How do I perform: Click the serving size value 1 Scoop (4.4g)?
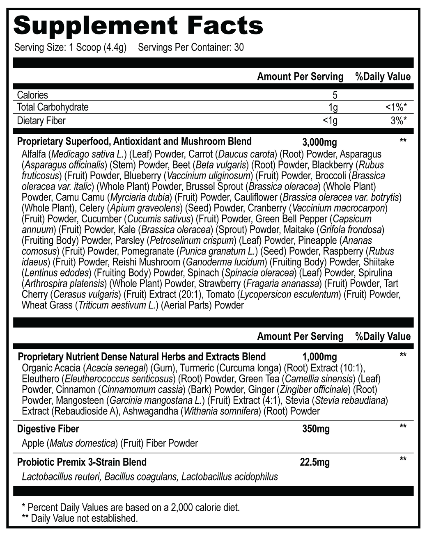click(x=96, y=48)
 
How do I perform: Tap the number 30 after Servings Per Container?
click(x=239, y=48)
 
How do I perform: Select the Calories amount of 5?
click(x=335, y=95)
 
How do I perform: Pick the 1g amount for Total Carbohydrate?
click(x=333, y=107)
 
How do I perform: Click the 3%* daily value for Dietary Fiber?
click(x=399, y=121)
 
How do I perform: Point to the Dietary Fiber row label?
click(x=41, y=121)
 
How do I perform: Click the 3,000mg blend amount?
click(x=319, y=142)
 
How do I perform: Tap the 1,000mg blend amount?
click(x=319, y=357)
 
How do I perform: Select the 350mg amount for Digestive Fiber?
click(x=316, y=429)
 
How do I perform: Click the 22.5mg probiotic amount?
click(x=315, y=462)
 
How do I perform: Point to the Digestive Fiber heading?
click(x=48, y=429)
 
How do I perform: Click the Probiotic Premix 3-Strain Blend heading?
click(x=82, y=462)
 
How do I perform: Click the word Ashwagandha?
click(x=150, y=411)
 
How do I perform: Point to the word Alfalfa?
click(x=34, y=154)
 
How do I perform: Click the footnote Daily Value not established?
click(x=84, y=518)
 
